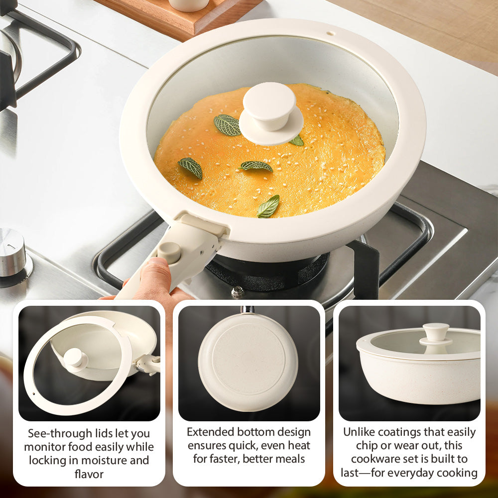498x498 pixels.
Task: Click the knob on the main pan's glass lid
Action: pos(269,107)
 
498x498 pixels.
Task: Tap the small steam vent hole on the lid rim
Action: pos(329,33)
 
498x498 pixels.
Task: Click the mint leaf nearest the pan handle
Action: pos(268,206)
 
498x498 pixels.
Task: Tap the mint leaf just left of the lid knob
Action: pos(227,125)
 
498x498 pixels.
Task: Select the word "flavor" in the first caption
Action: pos(89,474)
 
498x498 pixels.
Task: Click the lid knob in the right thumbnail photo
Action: pos(436,332)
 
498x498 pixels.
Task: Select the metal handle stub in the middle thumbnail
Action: pos(248,310)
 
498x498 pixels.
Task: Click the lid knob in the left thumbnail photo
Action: pos(75,358)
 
